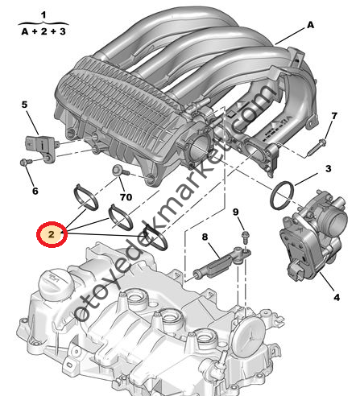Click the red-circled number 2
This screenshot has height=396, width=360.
tap(51, 234)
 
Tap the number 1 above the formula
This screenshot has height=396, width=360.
tap(43, 14)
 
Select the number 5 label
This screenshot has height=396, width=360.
tap(24, 105)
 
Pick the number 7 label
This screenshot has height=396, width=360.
tap(333, 116)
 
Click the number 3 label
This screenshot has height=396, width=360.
tap(328, 169)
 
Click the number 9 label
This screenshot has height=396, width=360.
tap(236, 212)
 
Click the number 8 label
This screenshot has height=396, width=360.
tap(205, 237)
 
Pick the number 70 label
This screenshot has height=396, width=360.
tap(126, 196)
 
